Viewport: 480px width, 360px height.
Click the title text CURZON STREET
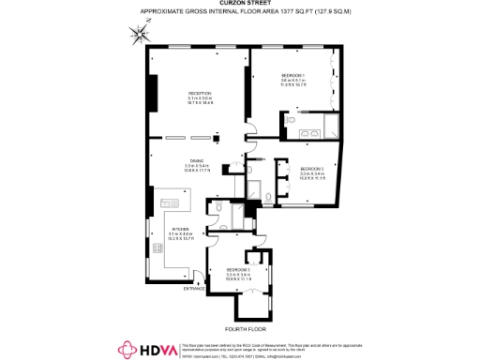pyautogui.click(x=239, y=5)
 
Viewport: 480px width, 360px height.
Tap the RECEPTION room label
pyautogui.click(x=200, y=93)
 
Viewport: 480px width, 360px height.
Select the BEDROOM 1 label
pyautogui.click(x=294, y=75)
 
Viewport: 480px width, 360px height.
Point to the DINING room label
pyautogui.click(x=197, y=160)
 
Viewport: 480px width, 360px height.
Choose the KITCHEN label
pyautogui.click(x=181, y=229)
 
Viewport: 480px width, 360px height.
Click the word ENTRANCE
pyautogui.click(x=194, y=289)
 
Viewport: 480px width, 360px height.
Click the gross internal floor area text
pyautogui.click(x=239, y=13)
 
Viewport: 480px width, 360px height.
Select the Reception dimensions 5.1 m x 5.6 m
pyautogui.click(x=200, y=99)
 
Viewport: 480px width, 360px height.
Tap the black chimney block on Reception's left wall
pyautogui.click(x=155, y=90)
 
